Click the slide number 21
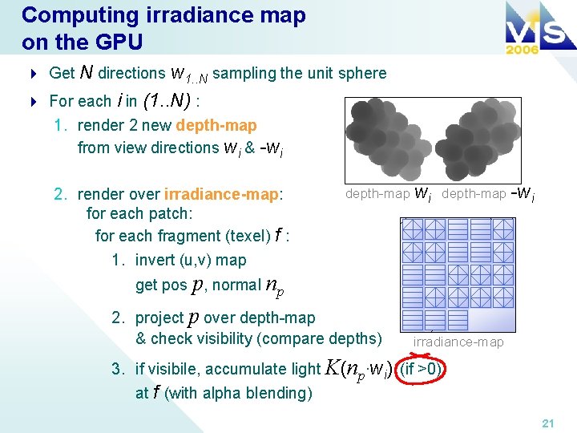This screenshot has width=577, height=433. (x=547, y=423)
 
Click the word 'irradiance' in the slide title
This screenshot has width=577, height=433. (x=176, y=16)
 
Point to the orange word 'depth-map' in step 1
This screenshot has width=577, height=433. (x=216, y=126)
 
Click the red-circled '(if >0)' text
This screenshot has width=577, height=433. (x=422, y=370)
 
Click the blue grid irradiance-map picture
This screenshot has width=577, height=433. (x=458, y=273)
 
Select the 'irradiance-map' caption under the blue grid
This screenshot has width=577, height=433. (x=458, y=342)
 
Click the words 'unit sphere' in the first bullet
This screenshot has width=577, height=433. (x=347, y=74)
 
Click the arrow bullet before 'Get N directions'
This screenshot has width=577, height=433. (x=34, y=74)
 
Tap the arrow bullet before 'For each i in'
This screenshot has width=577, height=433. (x=34, y=102)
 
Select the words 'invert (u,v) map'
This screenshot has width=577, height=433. (x=191, y=261)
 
